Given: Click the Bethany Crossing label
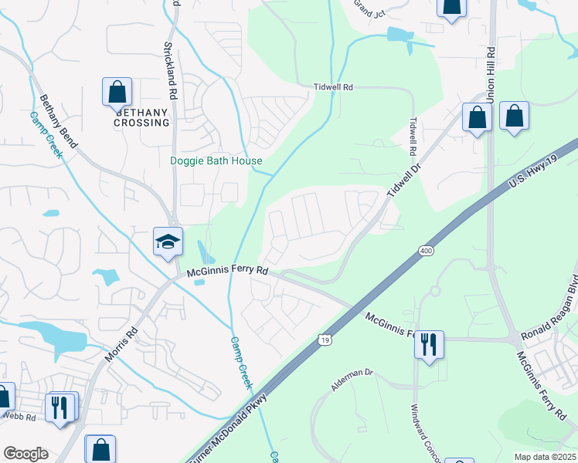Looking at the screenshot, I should pyautogui.click(x=141, y=117).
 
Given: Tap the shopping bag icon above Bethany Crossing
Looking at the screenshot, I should pyautogui.click(x=117, y=92).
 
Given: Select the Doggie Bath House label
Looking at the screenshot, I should pyautogui.click(x=216, y=161).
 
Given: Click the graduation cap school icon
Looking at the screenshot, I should pyautogui.click(x=168, y=242).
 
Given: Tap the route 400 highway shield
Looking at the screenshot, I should pyautogui.click(x=426, y=251).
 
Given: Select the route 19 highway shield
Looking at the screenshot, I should pyautogui.click(x=325, y=339).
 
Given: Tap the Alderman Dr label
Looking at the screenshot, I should pyautogui.click(x=352, y=381).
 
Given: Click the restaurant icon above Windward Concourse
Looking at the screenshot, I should pyautogui.click(x=429, y=343).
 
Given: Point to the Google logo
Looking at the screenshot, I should pyautogui.click(x=25, y=454).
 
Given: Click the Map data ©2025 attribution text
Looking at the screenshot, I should pyautogui.click(x=544, y=457).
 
